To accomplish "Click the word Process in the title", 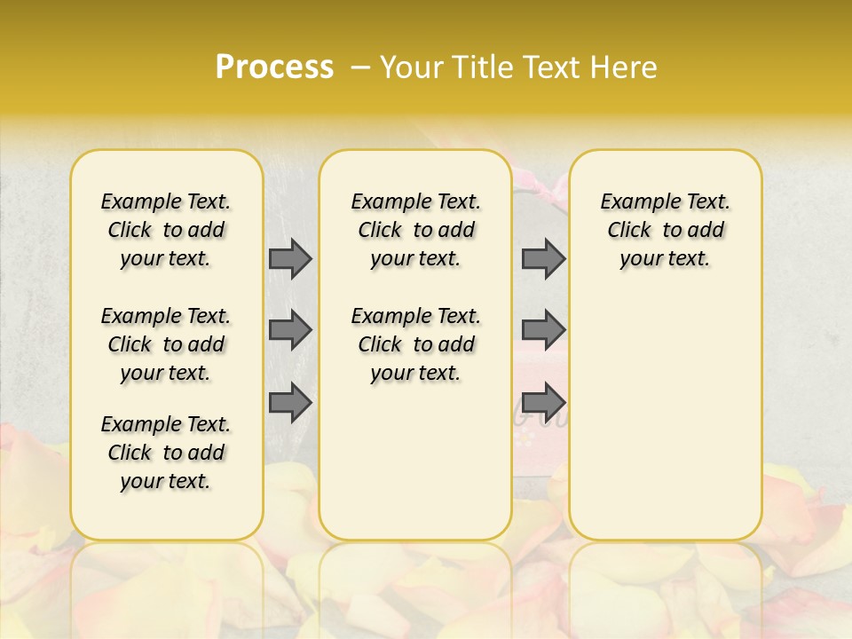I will (x=274, y=67).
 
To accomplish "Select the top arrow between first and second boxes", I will (x=290, y=258).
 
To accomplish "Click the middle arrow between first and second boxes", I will (x=290, y=330).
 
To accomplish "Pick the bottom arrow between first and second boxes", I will (x=290, y=402).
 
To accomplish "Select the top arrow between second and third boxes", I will (x=543, y=258).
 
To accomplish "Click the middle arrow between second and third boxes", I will (x=543, y=330).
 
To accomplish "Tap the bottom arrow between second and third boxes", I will (x=543, y=402).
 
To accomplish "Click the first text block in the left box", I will (x=166, y=230).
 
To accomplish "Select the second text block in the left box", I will (x=166, y=344).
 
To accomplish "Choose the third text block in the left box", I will (x=166, y=453).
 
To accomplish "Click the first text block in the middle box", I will (x=415, y=230).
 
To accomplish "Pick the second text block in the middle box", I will (x=415, y=344).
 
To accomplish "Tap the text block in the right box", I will (x=665, y=230).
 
